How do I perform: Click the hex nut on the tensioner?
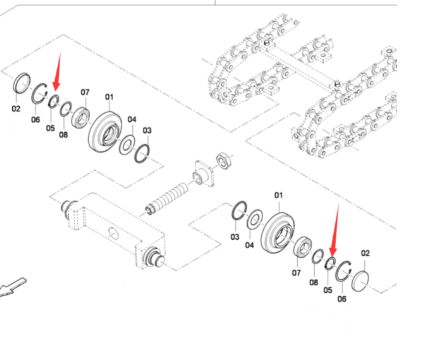(222, 160)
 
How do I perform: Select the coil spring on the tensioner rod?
(168, 198)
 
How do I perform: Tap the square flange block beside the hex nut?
(203, 173)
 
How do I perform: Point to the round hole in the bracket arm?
(114, 234)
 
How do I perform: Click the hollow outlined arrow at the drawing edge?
(12, 286)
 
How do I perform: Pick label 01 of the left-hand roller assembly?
(109, 97)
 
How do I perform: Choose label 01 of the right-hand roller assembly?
(278, 195)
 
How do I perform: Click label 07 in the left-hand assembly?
(85, 92)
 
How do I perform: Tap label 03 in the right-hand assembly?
(235, 237)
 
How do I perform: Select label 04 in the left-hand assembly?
(132, 119)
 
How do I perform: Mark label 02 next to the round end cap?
(365, 253)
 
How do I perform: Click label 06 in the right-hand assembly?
(342, 299)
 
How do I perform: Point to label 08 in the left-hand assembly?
(63, 135)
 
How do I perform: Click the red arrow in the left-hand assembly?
(58, 71)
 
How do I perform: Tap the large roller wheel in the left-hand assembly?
(105, 132)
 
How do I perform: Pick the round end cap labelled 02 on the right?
(360, 282)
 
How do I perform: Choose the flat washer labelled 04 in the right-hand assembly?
(255, 219)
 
